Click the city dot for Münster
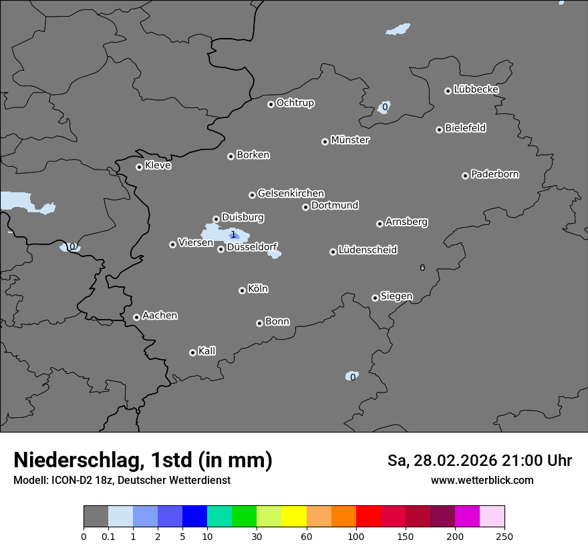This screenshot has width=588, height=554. [x=325, y=142]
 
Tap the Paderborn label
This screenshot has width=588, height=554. [x=494, y=174]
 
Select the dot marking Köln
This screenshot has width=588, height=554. [x=242, y=290]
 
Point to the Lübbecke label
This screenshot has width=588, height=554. [x=476, y=89]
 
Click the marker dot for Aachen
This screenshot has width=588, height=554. [x=136, y=317]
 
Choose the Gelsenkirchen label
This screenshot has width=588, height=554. [x=291, y=194]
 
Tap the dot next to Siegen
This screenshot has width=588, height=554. [x=375, y=298]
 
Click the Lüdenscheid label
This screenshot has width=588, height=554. [x=367, y=250]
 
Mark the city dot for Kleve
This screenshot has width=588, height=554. [x=139, y=167]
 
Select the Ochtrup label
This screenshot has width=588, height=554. [x=295, y=103]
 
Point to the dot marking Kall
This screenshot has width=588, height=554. [x=192, y=352]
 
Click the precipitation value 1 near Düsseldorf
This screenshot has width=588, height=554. [x=233, y=234]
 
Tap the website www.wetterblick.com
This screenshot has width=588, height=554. [x=482, y=480]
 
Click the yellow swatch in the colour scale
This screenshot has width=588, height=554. [x=294, y=517]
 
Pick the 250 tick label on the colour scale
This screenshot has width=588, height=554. [x=504, y=536]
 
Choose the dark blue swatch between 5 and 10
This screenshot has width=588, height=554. [x=194, y=517]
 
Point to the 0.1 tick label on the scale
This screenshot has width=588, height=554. [x=108, y=536]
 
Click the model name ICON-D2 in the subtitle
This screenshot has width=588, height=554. [x=73, y=480]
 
